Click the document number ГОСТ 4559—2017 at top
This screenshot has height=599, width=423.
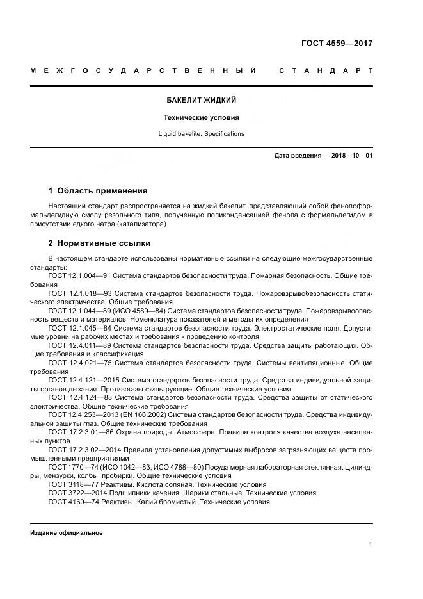tap(337, 44)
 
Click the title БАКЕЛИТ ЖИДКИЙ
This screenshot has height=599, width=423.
tap(201, 101)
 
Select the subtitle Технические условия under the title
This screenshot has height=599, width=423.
tap(201, 118)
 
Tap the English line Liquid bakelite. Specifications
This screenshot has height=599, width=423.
tap(201, 134)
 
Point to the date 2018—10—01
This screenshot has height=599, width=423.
tap(351, 156)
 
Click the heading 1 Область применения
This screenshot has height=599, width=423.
tap(98, 190)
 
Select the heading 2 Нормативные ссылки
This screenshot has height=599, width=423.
tap(100, 243)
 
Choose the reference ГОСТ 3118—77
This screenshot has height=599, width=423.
tap(70, 484)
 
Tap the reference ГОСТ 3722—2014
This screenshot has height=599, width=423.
tap(72, 493)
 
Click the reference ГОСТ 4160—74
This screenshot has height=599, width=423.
tap(70, 502)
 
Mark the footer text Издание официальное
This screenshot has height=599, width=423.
tap(67, 533)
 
